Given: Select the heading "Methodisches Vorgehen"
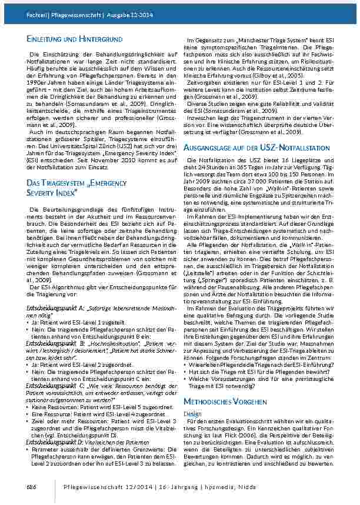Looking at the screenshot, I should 222,401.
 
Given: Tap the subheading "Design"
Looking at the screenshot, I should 193,413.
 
